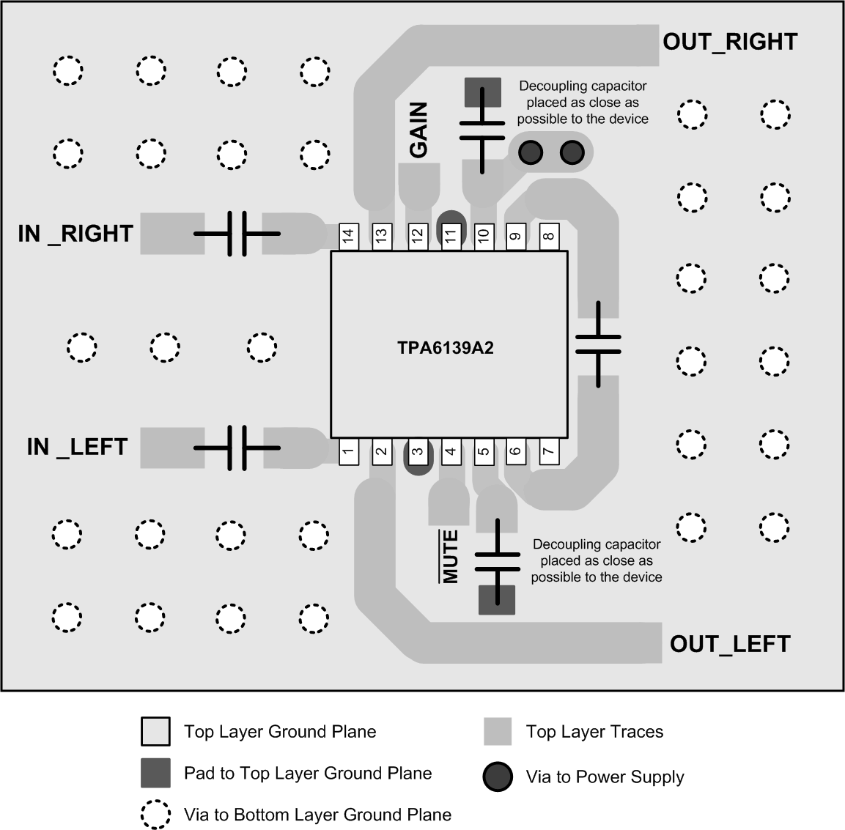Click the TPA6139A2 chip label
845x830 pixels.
coord(446,348)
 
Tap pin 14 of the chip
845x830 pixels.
coord(348,236)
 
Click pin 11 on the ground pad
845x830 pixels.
coord(451,234)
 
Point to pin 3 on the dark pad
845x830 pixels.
coord(417,452)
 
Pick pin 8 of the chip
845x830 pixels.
coord(548,236)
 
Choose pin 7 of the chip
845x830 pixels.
coord(548,451)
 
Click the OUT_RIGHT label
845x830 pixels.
coord(730,42)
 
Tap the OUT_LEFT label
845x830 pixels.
coord(730,644)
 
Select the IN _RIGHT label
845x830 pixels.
coord(75,234)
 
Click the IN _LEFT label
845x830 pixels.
coord(77,447)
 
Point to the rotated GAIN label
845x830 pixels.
coord(418,130)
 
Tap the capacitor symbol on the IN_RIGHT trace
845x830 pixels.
coord(237,234)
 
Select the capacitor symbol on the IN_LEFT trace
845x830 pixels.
coord(237,447)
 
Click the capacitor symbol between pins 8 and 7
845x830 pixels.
coord(598,344)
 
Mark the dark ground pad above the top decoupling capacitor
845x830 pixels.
coord(483,92)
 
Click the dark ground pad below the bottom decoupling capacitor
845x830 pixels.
coord(496,599)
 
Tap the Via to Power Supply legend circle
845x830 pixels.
coord(498,777)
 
